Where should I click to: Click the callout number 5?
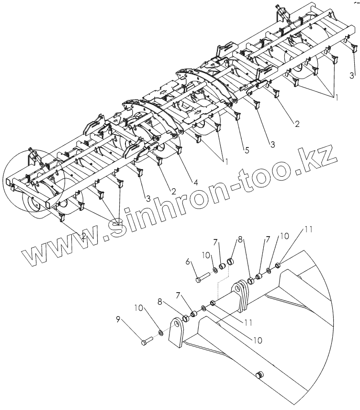(x=246, y=150)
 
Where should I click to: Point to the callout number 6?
(x=188, y=262)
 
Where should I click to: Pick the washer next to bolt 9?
(x=161, y=332)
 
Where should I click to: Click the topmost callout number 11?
(x=308, y=230)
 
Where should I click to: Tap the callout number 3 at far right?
(x=352, y=76)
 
